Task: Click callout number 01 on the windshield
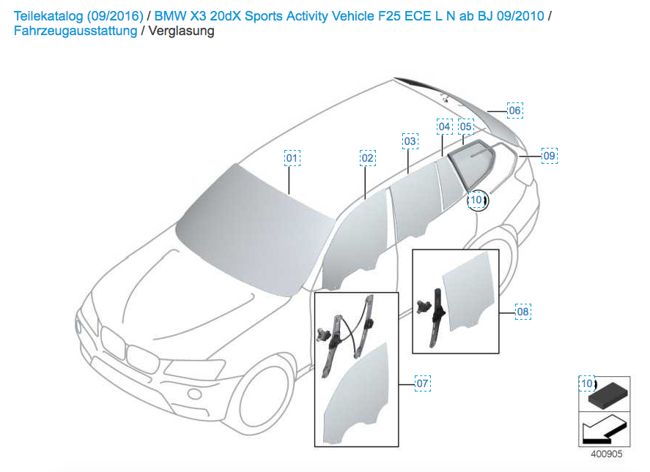point(292,158)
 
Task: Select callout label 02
point(368,158)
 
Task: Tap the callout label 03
point(410,141)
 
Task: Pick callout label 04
point(444,127)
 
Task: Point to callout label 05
point(466,127)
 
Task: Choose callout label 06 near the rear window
point(515,110)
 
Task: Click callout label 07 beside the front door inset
point(422,383)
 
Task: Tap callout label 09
point(549,155)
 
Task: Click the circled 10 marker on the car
point(476,199)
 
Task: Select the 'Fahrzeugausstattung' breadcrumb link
point(75,31)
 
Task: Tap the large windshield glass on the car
point(249,227)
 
